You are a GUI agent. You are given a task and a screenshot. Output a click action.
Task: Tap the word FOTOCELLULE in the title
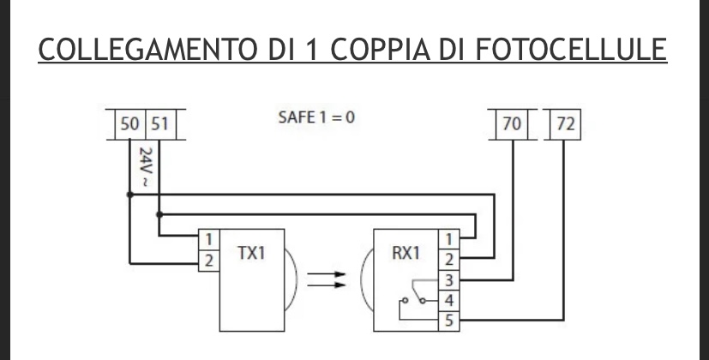point(571,50)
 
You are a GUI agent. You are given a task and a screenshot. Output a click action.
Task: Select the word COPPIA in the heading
point(381,50)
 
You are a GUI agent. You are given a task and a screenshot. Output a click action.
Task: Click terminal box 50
point(130,124)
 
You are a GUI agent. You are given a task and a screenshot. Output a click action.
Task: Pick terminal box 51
point(160,124)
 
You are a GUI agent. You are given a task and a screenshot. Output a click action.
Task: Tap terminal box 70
point(512,124)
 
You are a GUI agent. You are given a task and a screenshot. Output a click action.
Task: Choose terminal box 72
point(565,124)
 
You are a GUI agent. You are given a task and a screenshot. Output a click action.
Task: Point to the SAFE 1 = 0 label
point(316,117)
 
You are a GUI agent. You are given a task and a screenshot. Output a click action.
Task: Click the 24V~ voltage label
point(145,167)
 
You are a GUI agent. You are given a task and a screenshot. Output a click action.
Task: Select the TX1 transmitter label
point(251,253)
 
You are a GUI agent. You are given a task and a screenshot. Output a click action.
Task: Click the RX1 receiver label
point(406,253)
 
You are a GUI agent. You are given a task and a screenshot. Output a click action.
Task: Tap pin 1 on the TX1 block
point(209,240)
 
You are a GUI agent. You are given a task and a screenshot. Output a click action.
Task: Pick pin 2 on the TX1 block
point(209,261)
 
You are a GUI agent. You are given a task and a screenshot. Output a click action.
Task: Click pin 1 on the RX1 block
point(449,240)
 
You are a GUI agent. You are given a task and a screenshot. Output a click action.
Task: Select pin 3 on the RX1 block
point(449,280)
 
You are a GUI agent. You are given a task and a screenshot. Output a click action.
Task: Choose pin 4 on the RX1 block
point(449,301)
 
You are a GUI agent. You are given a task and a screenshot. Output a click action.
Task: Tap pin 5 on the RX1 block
point(449,321)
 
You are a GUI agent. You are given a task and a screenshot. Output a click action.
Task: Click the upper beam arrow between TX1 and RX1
point(327,274)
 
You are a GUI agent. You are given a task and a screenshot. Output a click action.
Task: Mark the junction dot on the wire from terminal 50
point(130,195)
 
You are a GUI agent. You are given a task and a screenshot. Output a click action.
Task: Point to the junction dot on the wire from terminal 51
point(159,214)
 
